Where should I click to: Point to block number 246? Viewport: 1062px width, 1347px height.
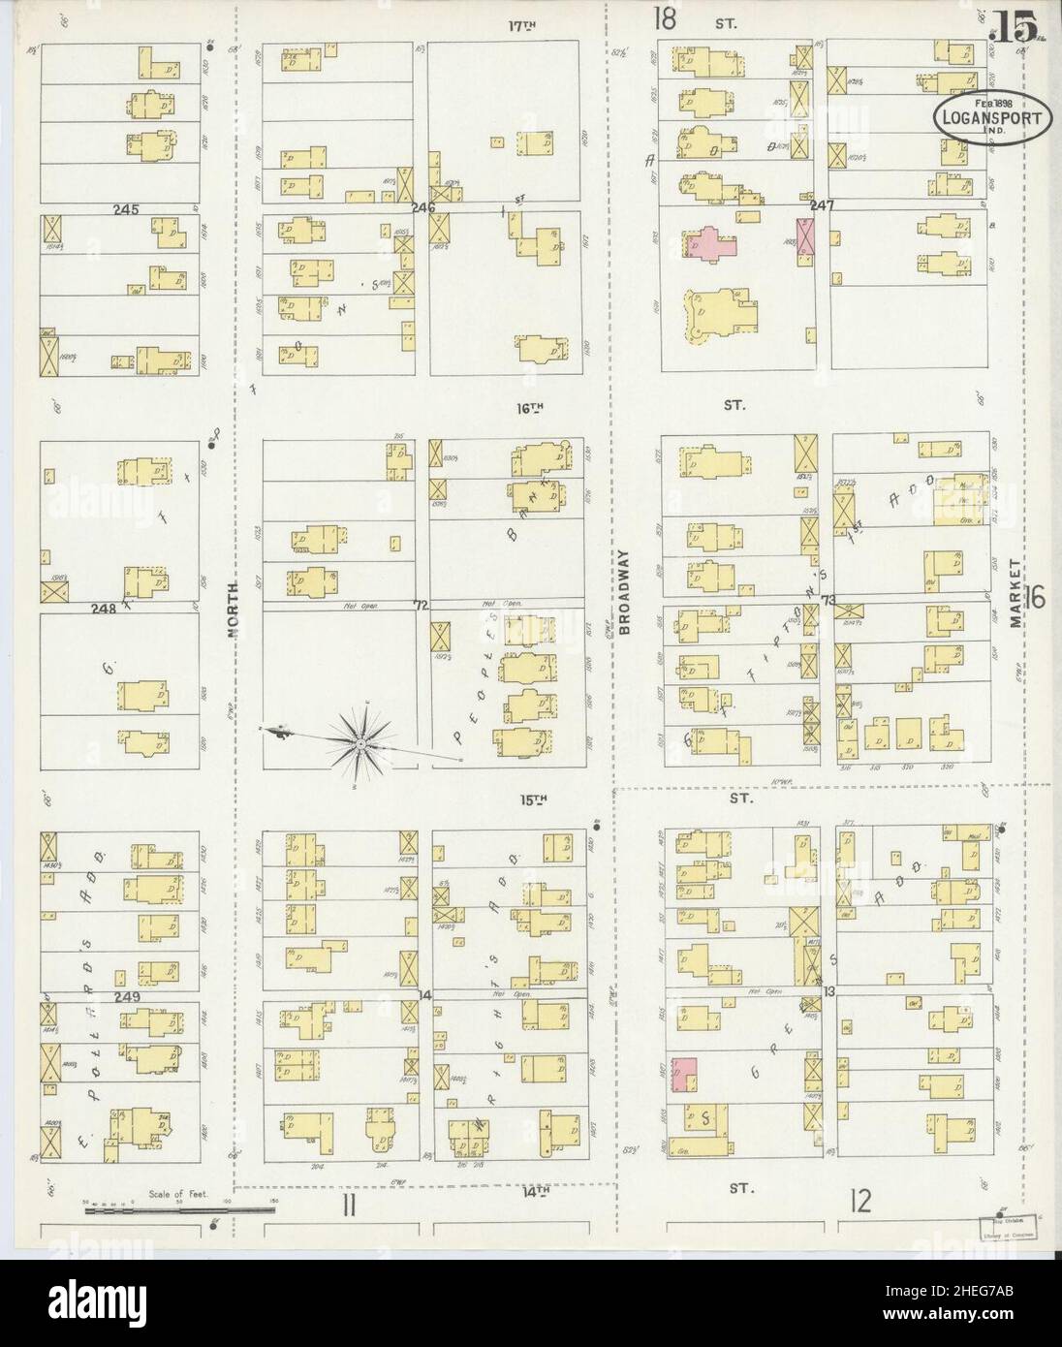point(423,206)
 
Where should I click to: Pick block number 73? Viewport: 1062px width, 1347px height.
point(828,601)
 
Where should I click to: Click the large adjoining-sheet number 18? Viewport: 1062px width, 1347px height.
point(665,17)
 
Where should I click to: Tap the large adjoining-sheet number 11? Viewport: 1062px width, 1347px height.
point(350,1205)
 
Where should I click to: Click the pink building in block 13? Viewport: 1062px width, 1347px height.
point(684,1073)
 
